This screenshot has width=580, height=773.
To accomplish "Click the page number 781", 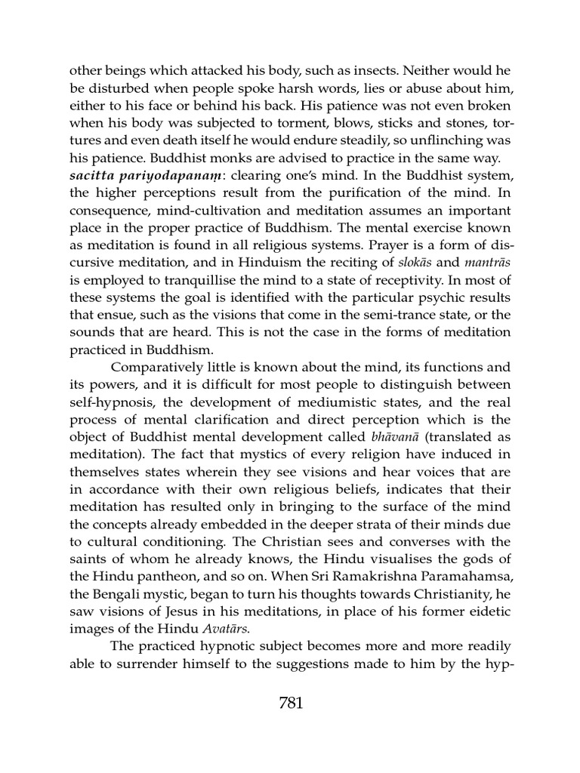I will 290,703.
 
